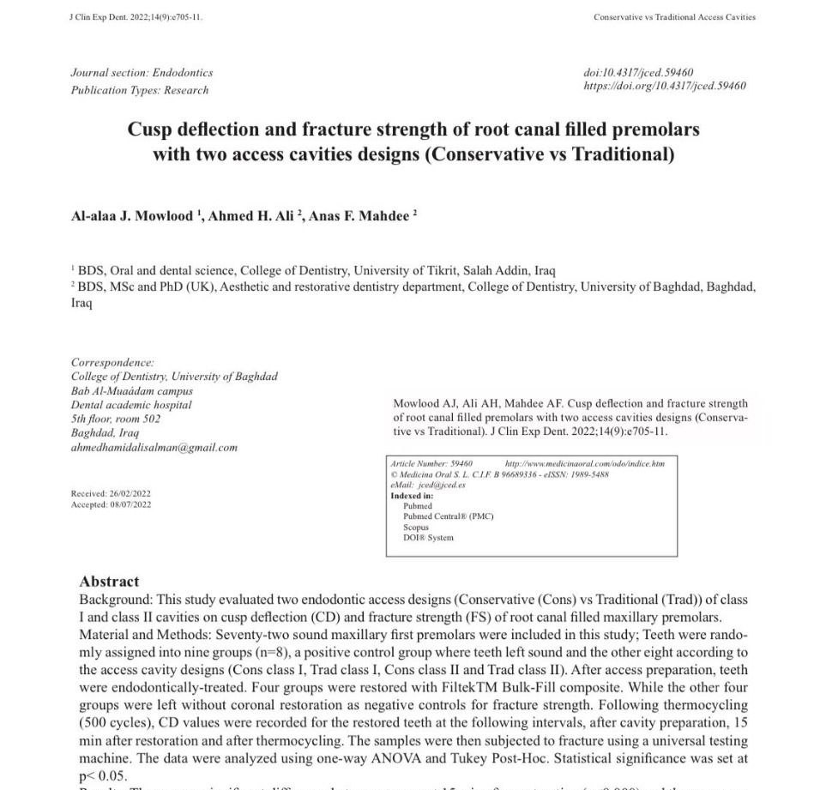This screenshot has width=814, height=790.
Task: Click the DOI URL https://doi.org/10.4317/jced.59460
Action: (x=664, y=86)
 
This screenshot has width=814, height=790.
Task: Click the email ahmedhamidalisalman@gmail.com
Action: (x=154, y=447)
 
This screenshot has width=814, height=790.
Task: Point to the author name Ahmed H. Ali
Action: (x=251, y=216)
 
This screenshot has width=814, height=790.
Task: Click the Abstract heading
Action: (x=109, y=581)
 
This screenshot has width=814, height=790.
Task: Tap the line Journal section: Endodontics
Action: (x=142, y=73)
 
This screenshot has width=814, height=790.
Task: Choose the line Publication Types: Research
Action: (x=139, y=90)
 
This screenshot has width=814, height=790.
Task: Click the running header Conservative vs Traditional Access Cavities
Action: (x=674, y=17)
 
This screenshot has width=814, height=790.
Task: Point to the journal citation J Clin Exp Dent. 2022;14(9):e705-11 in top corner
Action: (x=136, y=17)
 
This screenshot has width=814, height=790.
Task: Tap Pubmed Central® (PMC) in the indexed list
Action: (x=448, y=516)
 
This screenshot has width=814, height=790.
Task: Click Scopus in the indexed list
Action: (x=416, y=527)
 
